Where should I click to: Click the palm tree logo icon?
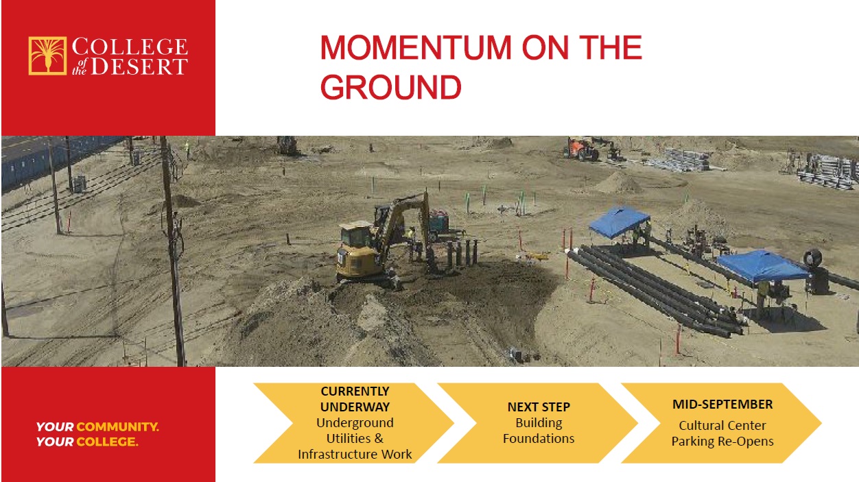47,56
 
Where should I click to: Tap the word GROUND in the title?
391,87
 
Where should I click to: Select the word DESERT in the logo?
139,67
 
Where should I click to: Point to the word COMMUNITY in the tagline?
117,427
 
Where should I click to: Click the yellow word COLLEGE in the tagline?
107,442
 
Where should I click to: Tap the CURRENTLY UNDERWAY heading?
355,399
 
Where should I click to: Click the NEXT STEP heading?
539,407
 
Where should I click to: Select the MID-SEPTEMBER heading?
722,405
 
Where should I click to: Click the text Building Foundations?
539,431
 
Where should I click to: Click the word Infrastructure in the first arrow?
338,454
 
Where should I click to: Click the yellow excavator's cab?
356,234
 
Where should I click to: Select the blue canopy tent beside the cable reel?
762,266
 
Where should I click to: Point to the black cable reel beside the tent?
812,258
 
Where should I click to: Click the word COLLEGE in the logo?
130,47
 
